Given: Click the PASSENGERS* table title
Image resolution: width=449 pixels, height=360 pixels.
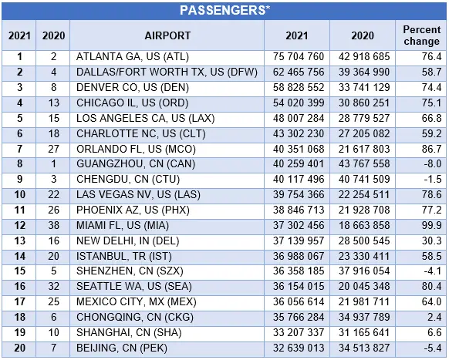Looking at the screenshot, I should pyautogui.click(x=224, y=10).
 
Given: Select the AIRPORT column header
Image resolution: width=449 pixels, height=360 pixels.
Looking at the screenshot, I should pyautogui.click(x=167, y=35).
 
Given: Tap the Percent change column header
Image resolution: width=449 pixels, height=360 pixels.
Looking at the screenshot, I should pyautogui.click(x=421, y=35).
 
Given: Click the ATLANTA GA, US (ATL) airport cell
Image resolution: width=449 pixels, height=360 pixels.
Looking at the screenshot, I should pyautogui.click(x=132, y=57).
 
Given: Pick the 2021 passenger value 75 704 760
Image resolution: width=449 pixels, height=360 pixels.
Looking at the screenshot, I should pyautogui.click(x=297, y=57).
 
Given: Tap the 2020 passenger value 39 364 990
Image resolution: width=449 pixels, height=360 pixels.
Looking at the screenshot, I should pyautogui.click(x=363, y=72).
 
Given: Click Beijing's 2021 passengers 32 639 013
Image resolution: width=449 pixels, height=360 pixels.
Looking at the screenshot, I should pyautogui.click(x=297, y=348).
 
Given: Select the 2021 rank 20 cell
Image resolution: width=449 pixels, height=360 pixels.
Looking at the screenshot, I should pyautogui.click(x=20, y=348).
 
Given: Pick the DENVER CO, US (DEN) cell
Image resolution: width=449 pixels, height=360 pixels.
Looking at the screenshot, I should pyautogui.click(x=127, y=88).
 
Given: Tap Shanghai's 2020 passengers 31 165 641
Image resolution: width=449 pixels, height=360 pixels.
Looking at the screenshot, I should pyautogui.click(x=363, y=332).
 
